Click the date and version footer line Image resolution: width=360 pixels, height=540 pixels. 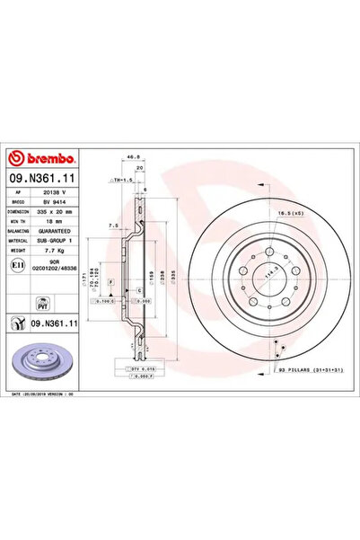(x=47, y=394)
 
